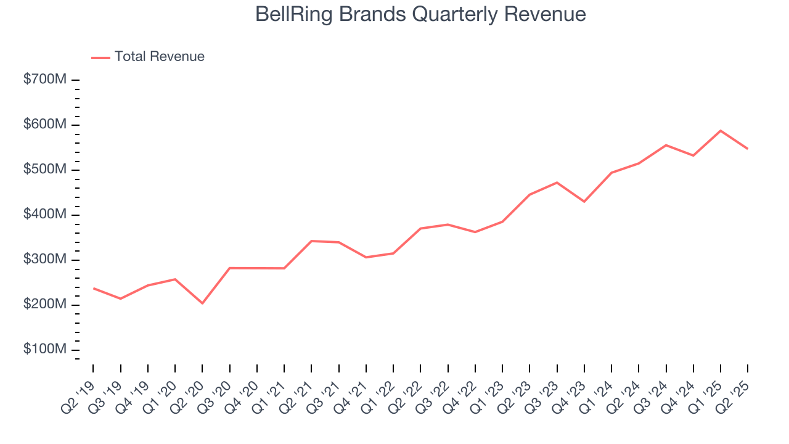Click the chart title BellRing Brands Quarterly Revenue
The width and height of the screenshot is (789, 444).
(x=420, y=14)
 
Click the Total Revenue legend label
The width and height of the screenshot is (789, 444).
(x=159, y=57)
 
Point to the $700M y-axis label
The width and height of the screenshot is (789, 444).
(x=45, y=80)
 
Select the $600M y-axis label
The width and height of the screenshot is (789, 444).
(x=45, y=125)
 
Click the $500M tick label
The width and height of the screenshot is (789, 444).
(x=45, y=170)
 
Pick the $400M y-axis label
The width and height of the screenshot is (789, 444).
(x=45, y=215)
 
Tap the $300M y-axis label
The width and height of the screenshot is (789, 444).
(x=45, y=260)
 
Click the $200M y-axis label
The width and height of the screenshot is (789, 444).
(x=45, y=305)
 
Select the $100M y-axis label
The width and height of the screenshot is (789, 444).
(x=45, y=350)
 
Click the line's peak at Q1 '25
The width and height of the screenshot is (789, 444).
(x=721, y=131)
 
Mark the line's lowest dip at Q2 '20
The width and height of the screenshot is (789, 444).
(x=202, y=303)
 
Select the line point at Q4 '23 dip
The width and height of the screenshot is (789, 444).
(x=584, y=202)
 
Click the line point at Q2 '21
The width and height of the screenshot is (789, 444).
(x=311, y=241)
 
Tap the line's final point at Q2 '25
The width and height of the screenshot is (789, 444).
(x=748, y=149)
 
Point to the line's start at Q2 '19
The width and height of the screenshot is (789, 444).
(x=93, y=288)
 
